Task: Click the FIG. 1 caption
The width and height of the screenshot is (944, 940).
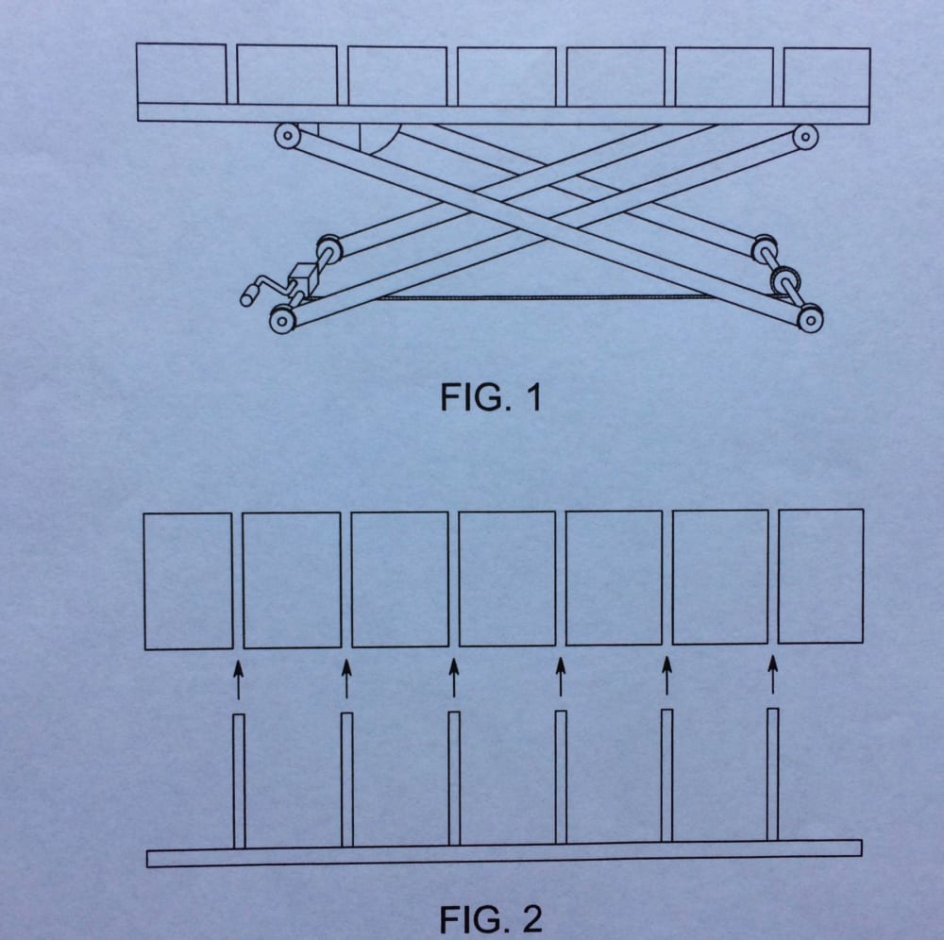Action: click(x=490, y=398)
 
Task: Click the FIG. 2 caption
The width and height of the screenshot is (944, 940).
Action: click(x=491, y=918)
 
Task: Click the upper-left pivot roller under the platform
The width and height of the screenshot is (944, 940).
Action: click(x=286, y=136)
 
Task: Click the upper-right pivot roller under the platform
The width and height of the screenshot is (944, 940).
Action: click(x=805, y=137)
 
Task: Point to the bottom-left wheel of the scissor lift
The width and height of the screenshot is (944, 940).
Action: click(x=280, y=321)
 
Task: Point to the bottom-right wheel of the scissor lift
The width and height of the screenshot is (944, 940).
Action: click(x=810, y=320)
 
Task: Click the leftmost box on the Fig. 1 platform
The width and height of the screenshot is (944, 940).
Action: click(x=181, y=74)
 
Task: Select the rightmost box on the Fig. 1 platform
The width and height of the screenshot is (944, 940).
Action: click(x=827, y=76)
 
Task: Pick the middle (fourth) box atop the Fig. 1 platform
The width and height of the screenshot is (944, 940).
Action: click(x=507, y=76)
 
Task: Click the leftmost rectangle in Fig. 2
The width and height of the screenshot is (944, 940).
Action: click(x=188, y=580)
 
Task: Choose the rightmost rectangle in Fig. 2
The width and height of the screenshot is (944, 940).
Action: click(x=820, y=576)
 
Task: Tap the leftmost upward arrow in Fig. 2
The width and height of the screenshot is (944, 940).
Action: click(x=238, y=679)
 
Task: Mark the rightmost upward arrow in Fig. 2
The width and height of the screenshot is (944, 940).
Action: click(x=773, y=674)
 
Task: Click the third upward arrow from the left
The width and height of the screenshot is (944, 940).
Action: click(x=453, y=677)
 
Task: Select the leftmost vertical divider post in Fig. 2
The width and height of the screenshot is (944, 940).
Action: click(x=239, y=781)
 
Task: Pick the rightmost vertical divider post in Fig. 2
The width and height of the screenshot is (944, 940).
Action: click(x=773, y=774)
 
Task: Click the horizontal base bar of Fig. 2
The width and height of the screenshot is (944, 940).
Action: click(x=504, y=853)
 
